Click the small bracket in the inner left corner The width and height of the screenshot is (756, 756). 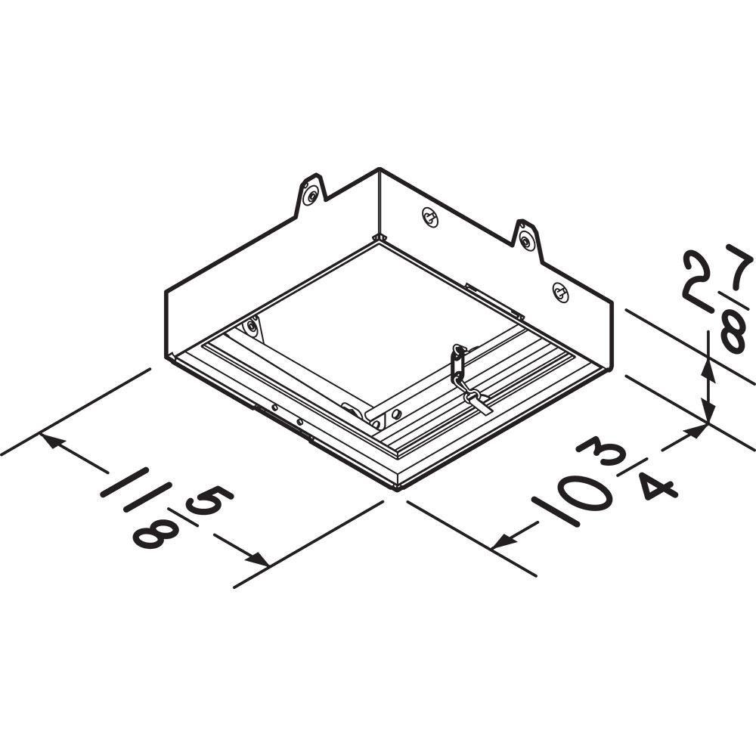coord(251,327)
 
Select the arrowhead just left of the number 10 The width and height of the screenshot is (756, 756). coord(502,542)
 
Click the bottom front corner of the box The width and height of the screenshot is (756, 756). coord(398,488)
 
